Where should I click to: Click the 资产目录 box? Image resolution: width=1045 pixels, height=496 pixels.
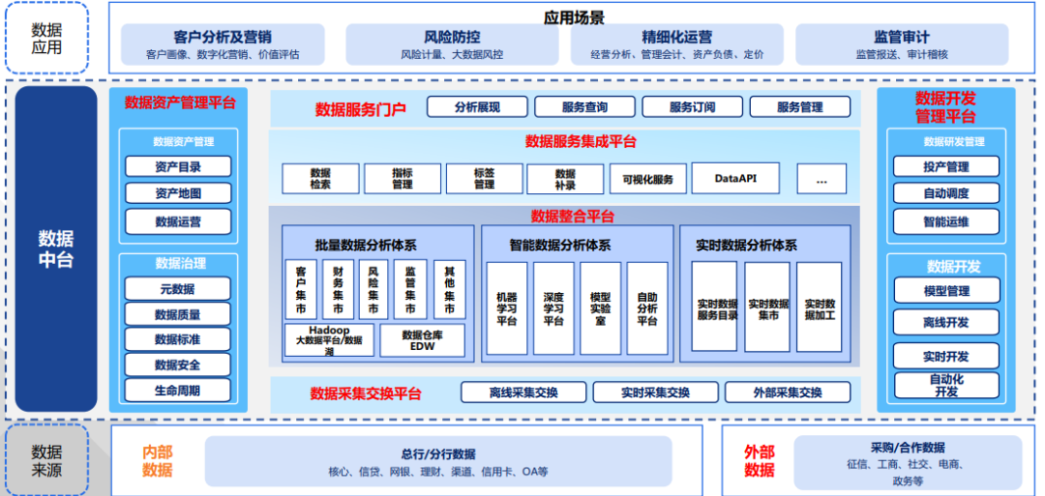point(178,166)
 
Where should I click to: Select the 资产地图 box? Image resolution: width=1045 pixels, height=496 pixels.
point(178,193)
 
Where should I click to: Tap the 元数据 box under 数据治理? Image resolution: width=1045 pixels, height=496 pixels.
point(178,288)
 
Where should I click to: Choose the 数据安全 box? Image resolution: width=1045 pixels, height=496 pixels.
point(178,365)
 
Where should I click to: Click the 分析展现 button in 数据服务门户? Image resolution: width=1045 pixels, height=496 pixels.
point(477,106)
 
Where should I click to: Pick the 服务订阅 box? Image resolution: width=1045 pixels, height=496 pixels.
point(693,106)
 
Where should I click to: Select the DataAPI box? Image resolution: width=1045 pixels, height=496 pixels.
point(735,179)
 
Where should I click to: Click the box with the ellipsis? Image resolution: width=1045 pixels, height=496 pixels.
point(821,179)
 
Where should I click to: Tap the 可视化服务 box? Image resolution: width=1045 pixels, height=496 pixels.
point(647,179)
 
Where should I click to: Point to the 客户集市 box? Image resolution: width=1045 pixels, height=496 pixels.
point(301,290)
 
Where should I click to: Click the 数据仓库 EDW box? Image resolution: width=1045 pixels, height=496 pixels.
point(422,340)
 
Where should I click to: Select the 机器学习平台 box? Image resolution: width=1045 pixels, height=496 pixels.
point(506,307)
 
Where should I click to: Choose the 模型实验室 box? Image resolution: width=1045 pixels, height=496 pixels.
point(600,307)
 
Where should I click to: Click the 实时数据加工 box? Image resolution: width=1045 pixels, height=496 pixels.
point(820,306)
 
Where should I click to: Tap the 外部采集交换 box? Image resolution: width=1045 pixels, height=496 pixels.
point(788,393)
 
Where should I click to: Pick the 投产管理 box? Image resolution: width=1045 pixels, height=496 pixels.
point(946,166)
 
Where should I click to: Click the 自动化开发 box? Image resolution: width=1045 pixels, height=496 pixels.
point(946,386)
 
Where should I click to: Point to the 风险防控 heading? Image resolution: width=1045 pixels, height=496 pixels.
point(452,37)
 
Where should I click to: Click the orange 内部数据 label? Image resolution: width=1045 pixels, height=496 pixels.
point(158,461)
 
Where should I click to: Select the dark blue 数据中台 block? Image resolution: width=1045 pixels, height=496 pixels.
point(56,248)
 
